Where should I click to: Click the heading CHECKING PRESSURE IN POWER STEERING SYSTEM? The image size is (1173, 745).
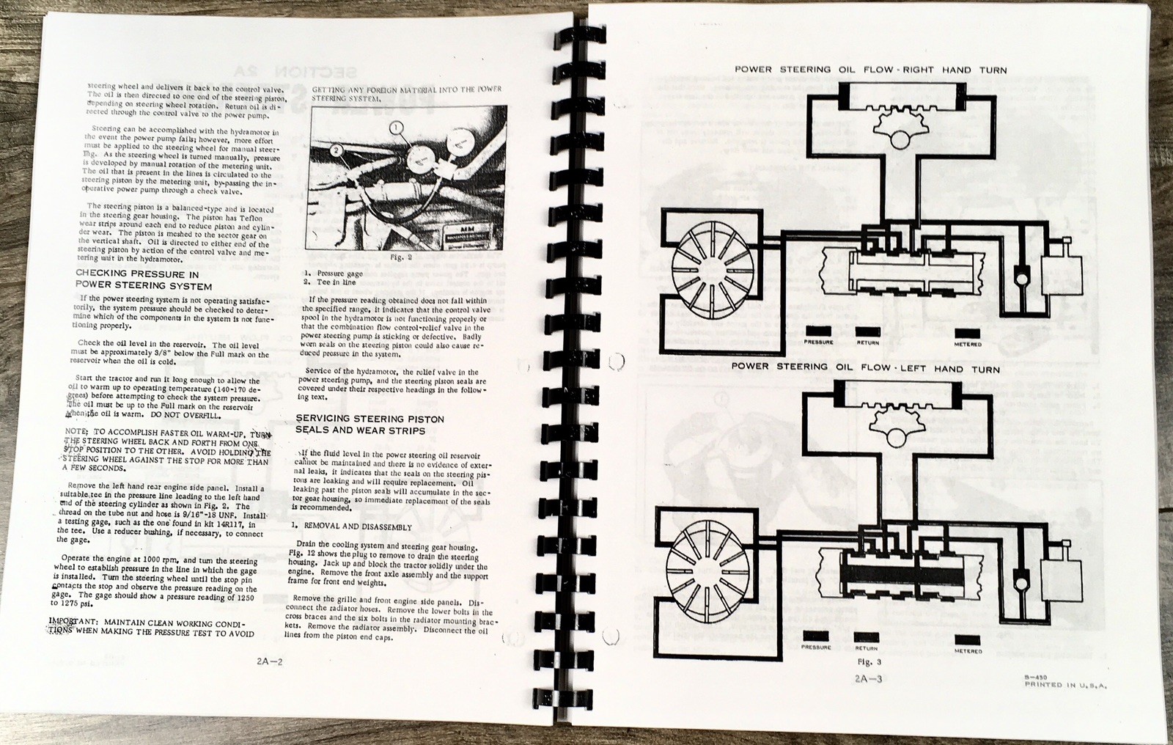(144, 280)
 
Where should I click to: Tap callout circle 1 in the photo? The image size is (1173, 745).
(397, 128)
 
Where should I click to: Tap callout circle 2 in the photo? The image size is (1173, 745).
(337, 151)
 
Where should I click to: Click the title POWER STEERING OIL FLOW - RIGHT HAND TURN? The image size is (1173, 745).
(870, 70)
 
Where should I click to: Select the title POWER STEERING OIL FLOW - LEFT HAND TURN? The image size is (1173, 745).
(865, 369)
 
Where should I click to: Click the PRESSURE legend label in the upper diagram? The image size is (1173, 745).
(818, 342)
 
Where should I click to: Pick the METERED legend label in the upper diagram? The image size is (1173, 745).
(968, 344)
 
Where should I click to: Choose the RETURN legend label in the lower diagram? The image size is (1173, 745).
(867, 648)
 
